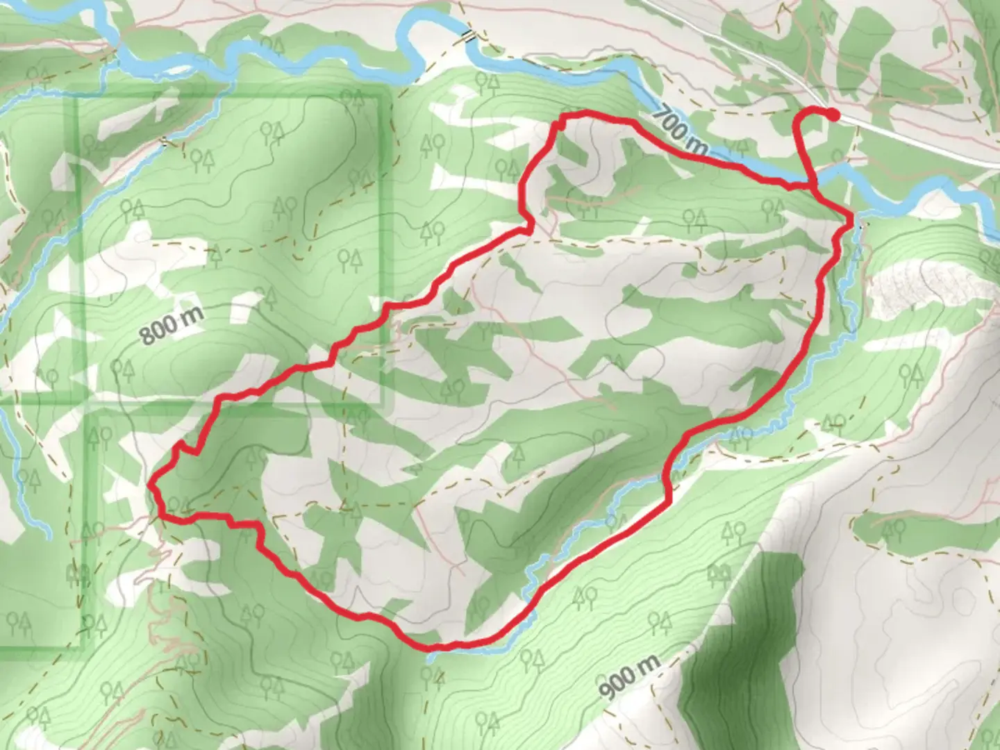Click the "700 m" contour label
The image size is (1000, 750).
tap(681, 130)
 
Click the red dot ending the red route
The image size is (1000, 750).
tap(832, 115)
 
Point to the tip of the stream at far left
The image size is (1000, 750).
tap(47, 536)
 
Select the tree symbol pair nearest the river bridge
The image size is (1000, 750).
tap(487, 82)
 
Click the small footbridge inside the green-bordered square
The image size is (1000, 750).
tap(165, 142)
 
